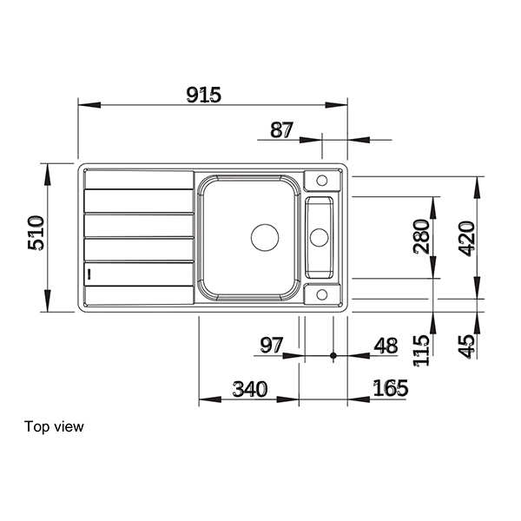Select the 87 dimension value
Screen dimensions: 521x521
281,130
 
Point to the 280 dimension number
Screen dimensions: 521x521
421,236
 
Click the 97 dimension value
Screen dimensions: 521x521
273,346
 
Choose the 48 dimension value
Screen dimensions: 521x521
385,346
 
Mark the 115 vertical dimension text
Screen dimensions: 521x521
421,352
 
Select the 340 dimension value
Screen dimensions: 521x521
250,388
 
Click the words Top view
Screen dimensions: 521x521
55,426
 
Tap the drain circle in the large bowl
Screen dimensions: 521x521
266,235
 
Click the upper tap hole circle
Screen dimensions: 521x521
321,181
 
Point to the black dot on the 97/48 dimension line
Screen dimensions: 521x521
333,356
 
